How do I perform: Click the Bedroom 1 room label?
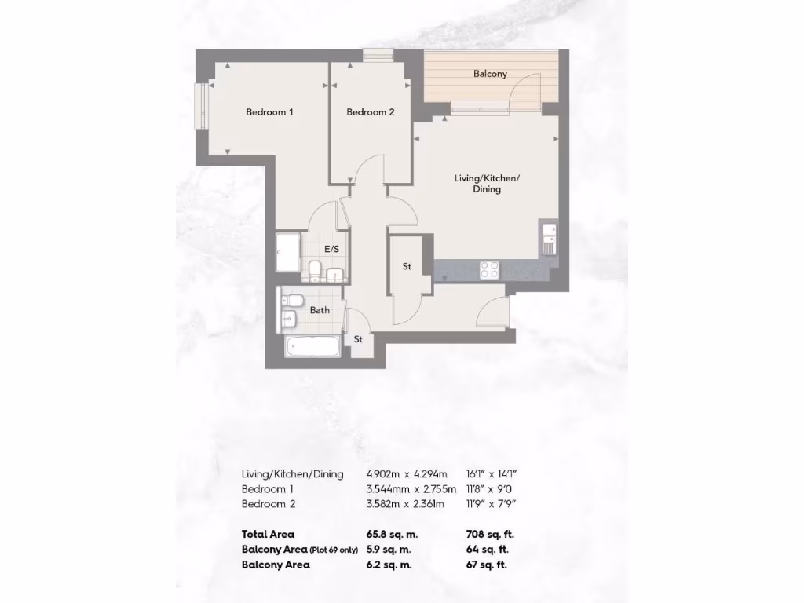click(x=269, y=112)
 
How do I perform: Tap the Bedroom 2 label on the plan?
click(x=371, y=112)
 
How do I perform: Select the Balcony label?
click(x=490, y=74)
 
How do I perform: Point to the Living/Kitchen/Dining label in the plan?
click(x=487, y=184)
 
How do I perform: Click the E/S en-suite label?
click(x=331, y=250)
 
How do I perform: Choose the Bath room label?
click(x=320, y=310)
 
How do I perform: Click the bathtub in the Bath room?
click(x=311, y=345)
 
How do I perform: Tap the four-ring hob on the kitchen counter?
click(x=490, y=269)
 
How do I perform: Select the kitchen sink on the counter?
click(x=548, y=239)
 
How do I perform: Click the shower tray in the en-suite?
click(x=289, y=252)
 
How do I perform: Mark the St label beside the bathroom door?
click(x=358, y=340)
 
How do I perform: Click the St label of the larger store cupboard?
click(x=407, y=267)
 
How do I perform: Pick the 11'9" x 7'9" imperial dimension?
click(x=492, y=504)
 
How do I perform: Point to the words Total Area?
click(x=268, y=535)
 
